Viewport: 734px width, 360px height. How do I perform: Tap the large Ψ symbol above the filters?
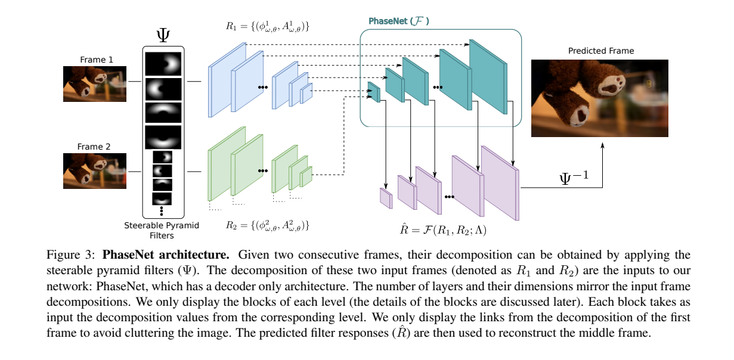(162, 35)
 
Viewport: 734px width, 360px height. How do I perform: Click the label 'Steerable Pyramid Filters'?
(162, 229)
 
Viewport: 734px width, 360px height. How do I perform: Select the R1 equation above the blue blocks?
(268, 27)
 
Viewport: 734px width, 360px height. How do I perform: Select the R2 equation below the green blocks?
(267, 226)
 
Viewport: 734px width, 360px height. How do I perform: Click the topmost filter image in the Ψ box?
(162, 63)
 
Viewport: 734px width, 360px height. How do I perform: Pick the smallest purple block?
(386, 197)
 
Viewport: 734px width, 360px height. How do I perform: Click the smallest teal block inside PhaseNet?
(374, 92)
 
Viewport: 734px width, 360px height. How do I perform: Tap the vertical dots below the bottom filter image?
(162, 210)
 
